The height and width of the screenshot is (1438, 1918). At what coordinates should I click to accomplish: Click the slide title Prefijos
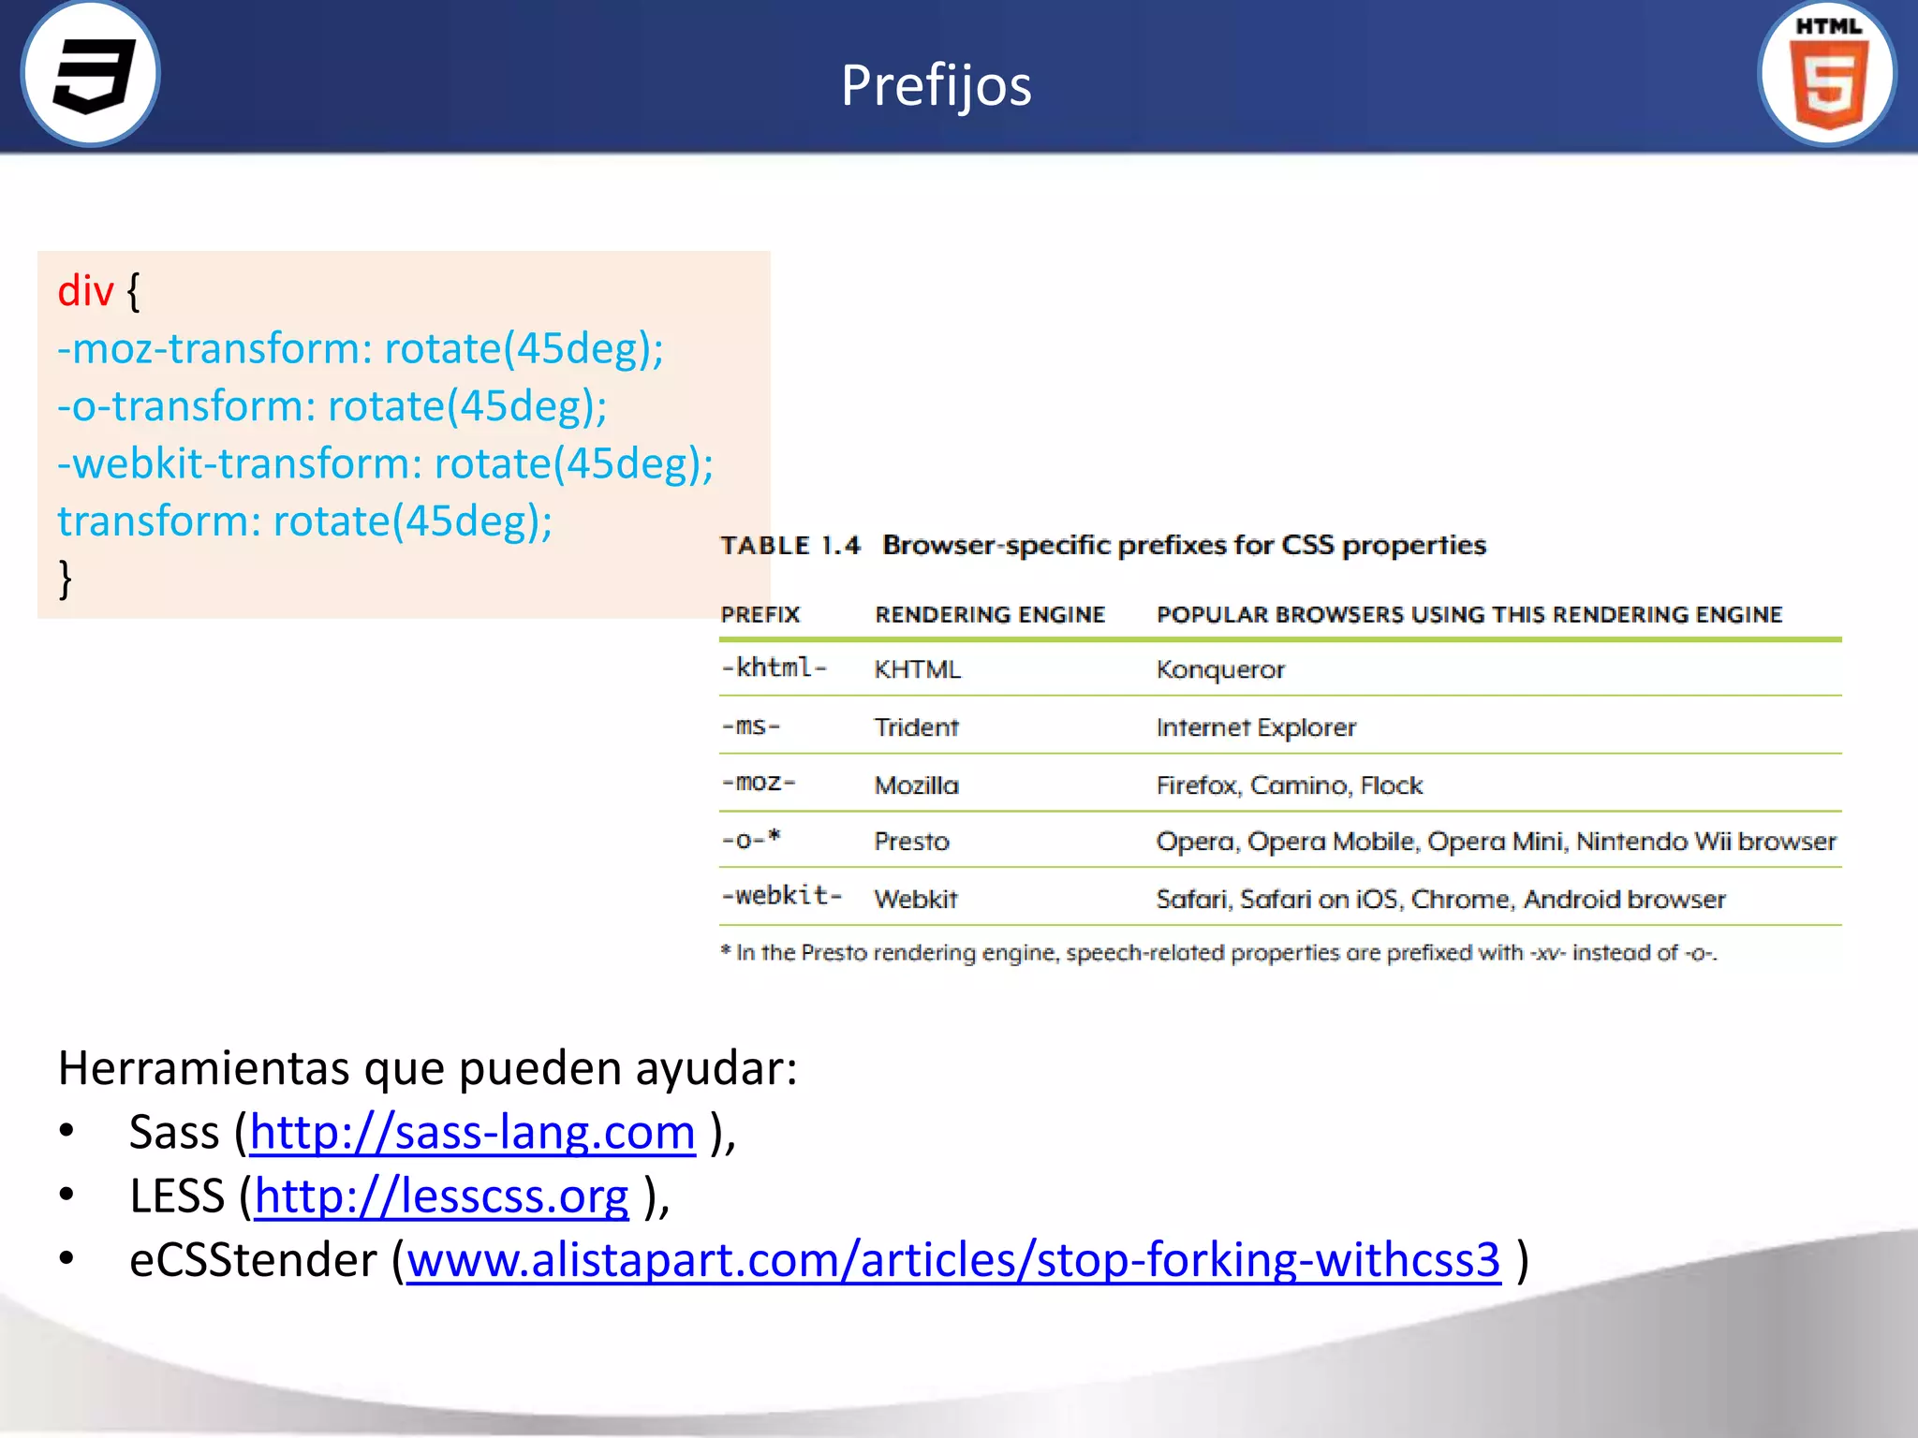click(x=936, y=85)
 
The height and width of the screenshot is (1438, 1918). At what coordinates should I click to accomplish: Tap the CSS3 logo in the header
click(x=91, y=74)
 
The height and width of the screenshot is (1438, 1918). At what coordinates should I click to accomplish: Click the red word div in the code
click(x=85, y=291)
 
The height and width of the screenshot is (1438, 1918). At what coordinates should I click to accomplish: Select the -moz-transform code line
click(x=361, y=348)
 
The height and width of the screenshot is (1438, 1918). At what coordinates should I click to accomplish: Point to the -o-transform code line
click(x=332, y=406)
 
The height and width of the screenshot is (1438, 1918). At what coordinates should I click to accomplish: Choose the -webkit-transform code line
click(x=385, y=463)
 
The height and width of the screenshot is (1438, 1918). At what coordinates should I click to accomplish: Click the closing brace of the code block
click(x=65, y=578)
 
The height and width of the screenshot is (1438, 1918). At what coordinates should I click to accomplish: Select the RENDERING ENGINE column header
click(x=990, y=615)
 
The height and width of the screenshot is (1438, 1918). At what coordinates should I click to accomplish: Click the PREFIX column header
click(x=760, y=615)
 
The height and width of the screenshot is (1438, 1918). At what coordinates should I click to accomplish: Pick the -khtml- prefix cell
click(x=775, y=668)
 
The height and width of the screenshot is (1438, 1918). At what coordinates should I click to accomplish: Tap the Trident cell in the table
click(x=916, y=727)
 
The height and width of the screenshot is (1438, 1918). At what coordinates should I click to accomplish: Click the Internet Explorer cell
click(x=1256, y=727)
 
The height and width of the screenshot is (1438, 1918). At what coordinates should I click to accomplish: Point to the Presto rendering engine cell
click(x=911, y=842)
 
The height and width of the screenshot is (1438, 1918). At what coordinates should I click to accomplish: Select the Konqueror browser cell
click(x=1220, y=669)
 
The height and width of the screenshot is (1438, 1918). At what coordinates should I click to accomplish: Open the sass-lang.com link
click(x=473, y=1133)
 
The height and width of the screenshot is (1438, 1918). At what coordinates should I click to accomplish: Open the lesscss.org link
click(x=441, y=1196)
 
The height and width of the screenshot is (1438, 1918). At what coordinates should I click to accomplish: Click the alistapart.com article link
click(x=953, y=1260)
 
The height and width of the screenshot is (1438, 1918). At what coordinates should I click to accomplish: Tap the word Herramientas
click(x=203, y=1068)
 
